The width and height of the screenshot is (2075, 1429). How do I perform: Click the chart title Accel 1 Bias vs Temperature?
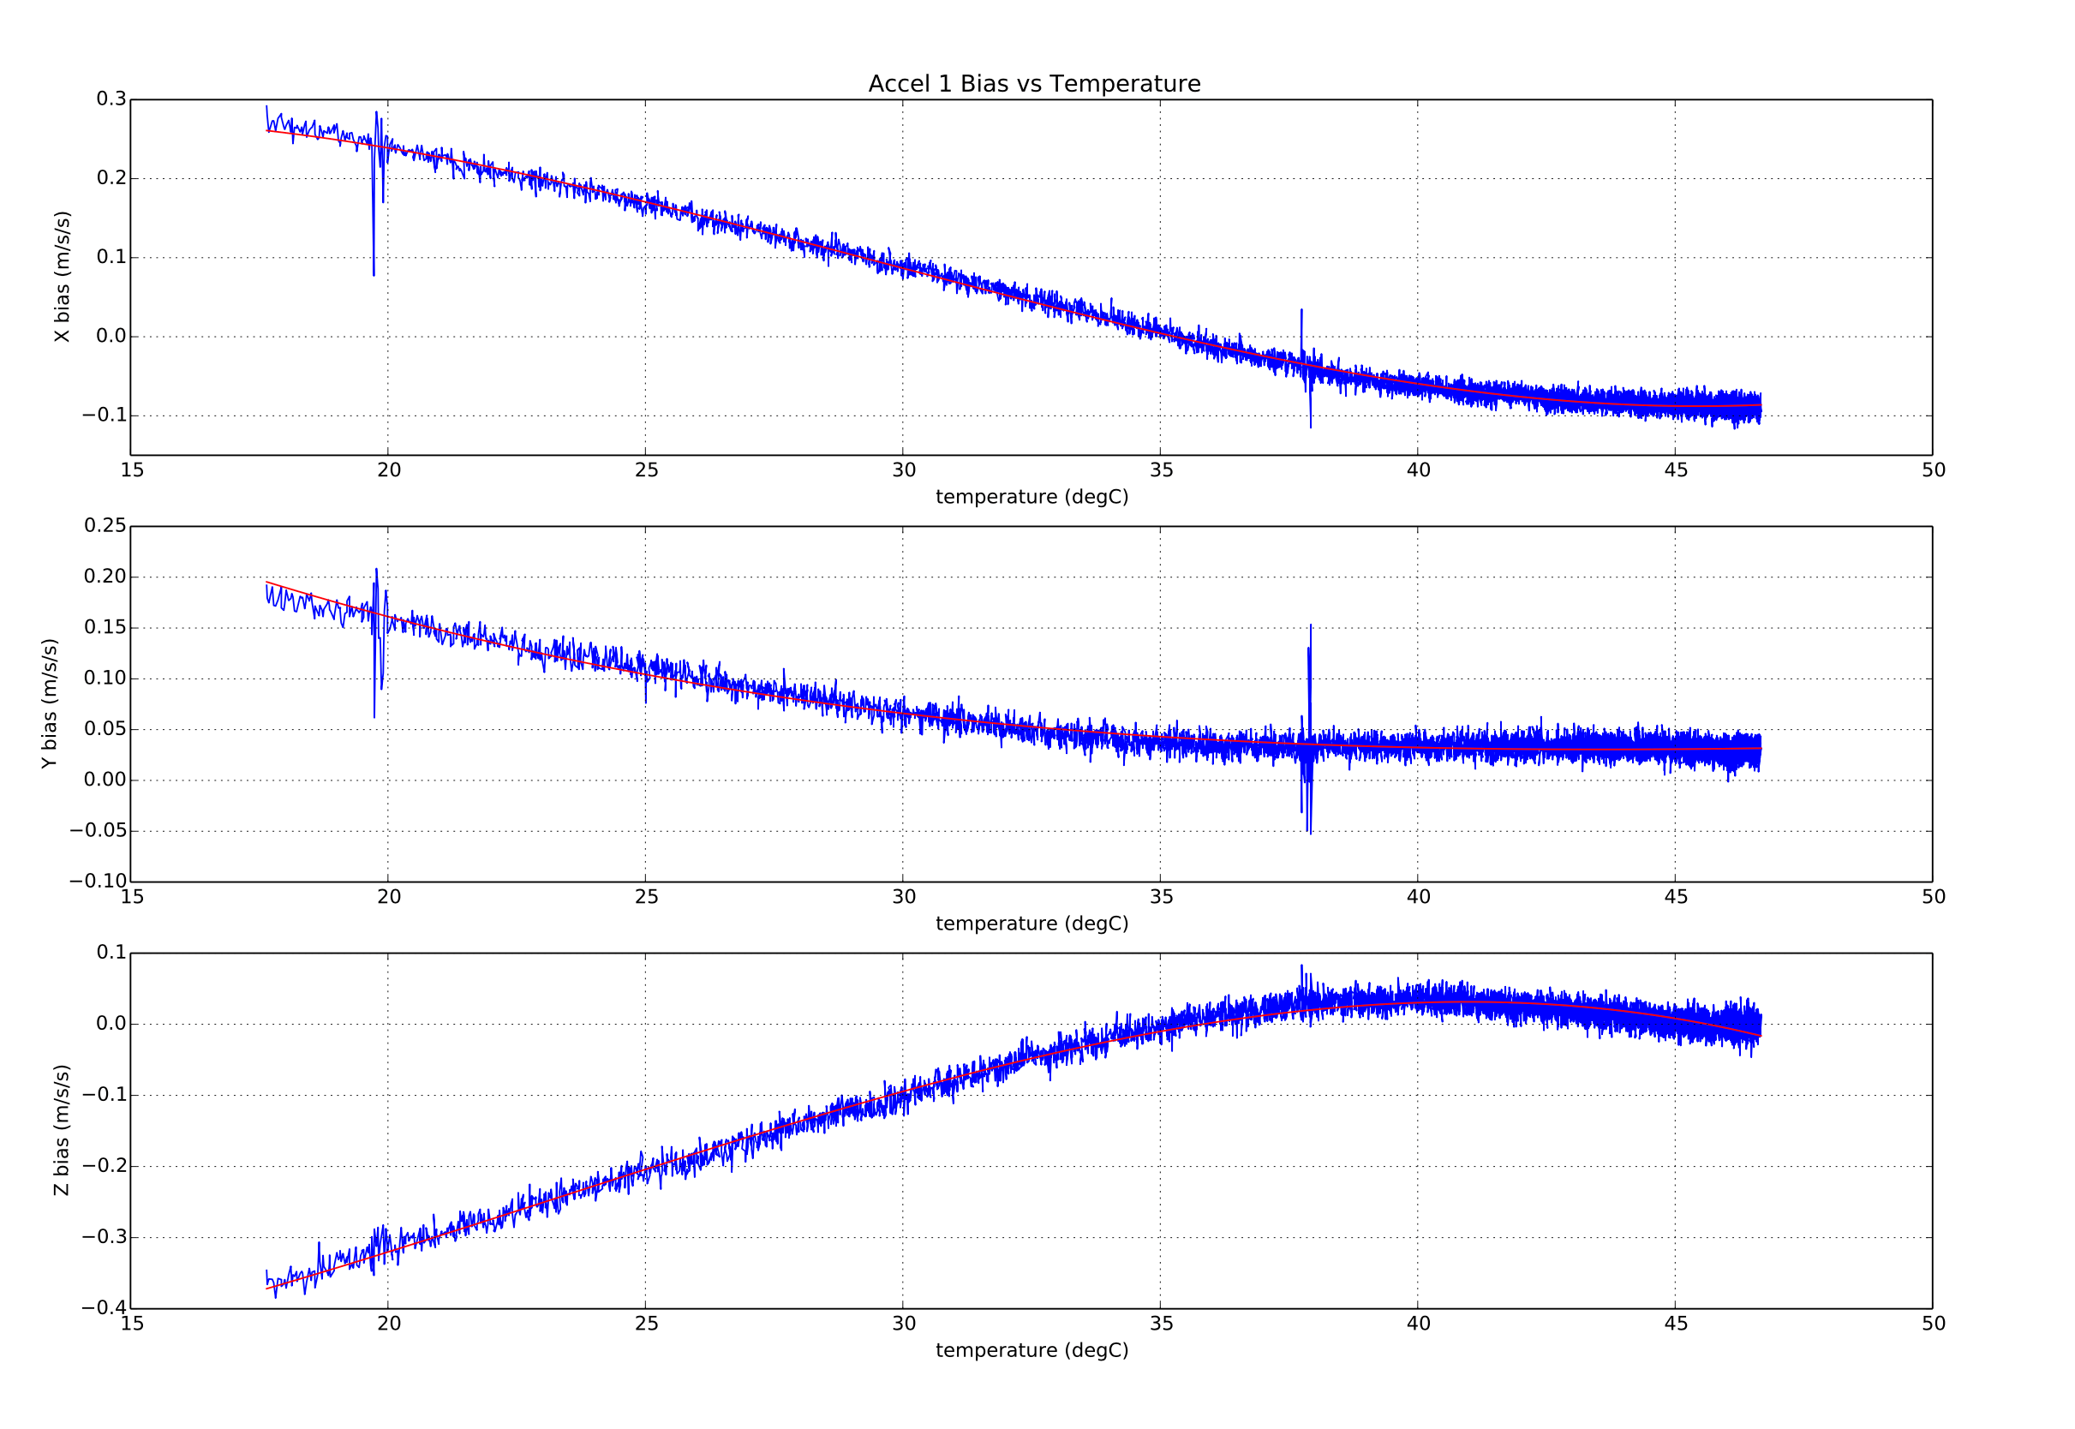point(1034,84)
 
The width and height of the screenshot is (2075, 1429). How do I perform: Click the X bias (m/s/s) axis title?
point(62,277)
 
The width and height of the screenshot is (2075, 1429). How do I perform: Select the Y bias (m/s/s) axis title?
point(49,703)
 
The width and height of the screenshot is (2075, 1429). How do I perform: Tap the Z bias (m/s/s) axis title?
point(62,1130)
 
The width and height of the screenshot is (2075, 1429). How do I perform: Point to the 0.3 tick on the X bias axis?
point(111,99)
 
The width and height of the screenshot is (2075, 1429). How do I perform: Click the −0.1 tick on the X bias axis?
point(104,416)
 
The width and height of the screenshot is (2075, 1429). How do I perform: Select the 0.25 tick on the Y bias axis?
point(105,525)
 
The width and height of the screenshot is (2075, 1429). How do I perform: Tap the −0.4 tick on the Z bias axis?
point(104,1308)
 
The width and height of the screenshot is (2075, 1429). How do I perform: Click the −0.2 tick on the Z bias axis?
point(104,1166)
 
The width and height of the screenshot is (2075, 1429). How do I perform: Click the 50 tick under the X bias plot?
point(1933,471)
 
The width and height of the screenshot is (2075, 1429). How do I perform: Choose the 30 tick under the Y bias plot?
point(903,897)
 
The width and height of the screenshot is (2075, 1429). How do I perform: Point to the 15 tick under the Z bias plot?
point(132,1324)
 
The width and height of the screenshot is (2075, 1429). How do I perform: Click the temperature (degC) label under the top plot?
point(1032,497)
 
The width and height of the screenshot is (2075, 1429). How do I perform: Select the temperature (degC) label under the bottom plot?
point(1032,1350)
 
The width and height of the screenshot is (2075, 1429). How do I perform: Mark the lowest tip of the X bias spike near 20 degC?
point(374,275)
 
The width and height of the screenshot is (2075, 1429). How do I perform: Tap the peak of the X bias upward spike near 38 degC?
point(1301,310)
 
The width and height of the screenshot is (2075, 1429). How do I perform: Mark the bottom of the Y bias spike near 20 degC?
point(374,717)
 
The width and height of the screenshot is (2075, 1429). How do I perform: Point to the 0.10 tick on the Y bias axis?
point(105,678)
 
